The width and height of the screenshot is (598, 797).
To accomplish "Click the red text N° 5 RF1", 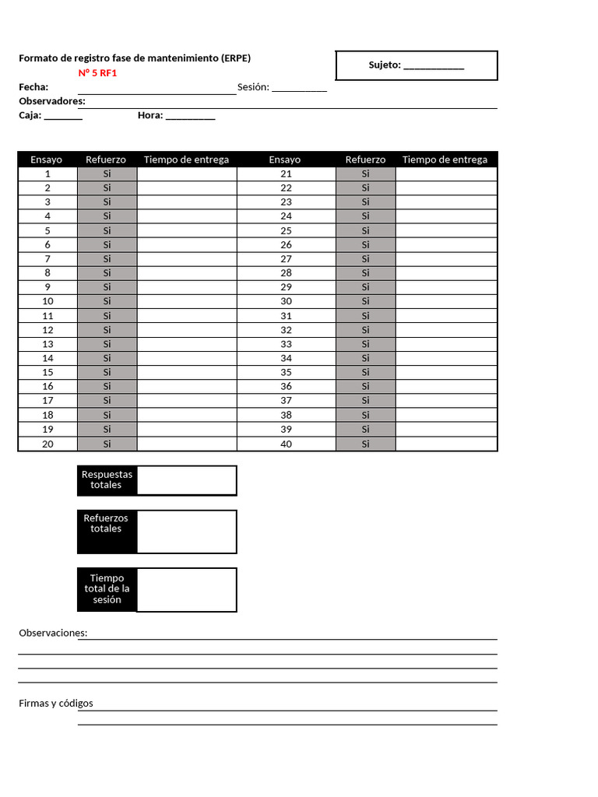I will (x=97, y=73).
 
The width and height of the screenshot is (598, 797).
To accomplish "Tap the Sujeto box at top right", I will (x=417, y=65).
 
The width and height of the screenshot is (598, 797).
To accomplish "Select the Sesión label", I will (x=253, y=87).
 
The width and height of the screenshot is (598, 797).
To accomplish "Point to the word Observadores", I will (x=51, y=101).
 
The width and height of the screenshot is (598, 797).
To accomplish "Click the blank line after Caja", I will (x=63, y=116).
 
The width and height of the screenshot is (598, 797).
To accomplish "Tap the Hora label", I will (x=150, y=115).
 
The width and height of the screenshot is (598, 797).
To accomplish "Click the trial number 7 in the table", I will (x=47, y=258).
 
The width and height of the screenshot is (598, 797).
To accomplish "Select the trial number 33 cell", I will (x=286, y=344).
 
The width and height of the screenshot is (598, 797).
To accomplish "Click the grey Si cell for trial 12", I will (x=107, y=329).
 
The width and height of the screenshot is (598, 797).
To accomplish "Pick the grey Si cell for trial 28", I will (x=365, y=272).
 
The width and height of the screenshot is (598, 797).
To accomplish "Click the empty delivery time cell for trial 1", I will (x=187, y=174).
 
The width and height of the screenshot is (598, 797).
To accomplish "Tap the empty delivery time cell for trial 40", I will (x=446, y=444).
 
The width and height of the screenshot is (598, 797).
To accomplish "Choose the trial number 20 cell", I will (x=47, y=444).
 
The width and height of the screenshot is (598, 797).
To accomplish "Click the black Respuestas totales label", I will (x=107, y=480).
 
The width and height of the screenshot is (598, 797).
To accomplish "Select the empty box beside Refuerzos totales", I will (x=186, y=532).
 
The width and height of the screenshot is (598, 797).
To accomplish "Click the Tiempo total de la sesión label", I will (x=107, y=589).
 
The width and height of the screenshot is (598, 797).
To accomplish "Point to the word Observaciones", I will (x=53, y=633).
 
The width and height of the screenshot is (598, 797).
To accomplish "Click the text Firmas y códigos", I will (x=56, y=704).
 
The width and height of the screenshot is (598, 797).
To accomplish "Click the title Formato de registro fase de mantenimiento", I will (x=135, y=58).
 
